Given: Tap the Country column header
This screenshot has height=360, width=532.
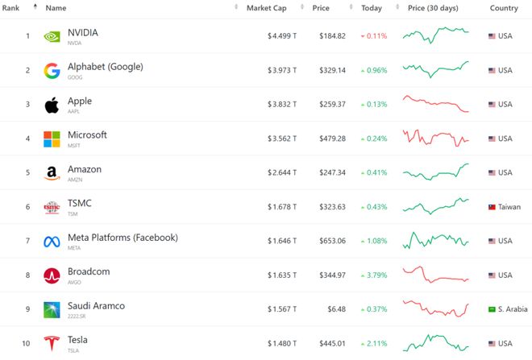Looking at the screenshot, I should coord(504,8).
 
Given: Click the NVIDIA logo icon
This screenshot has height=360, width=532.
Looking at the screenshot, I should coord(52,36).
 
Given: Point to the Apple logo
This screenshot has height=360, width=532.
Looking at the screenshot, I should coord(52,105).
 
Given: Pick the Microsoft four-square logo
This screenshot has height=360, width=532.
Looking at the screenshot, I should coord(52,139).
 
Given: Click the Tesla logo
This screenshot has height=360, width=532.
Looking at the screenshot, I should coord(52,344).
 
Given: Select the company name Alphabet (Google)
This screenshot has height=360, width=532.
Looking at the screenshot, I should coord(105,67).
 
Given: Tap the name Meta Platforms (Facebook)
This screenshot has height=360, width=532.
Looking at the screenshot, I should coord(123,238).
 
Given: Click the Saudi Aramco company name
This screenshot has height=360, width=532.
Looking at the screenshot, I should coord(96,306).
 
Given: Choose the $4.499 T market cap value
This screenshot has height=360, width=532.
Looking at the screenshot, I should coord(282,36).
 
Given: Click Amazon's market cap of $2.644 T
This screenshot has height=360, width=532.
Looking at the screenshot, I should coord(282,173).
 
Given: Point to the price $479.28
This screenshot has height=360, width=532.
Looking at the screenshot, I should coord(332,139).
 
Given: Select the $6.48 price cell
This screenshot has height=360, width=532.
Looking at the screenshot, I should coord(338,310).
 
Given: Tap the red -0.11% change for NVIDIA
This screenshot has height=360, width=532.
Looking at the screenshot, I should coord(374,36).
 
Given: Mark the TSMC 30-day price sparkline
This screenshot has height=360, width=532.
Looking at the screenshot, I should coord(435,205).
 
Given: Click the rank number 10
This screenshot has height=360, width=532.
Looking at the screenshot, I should coord(26,344).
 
